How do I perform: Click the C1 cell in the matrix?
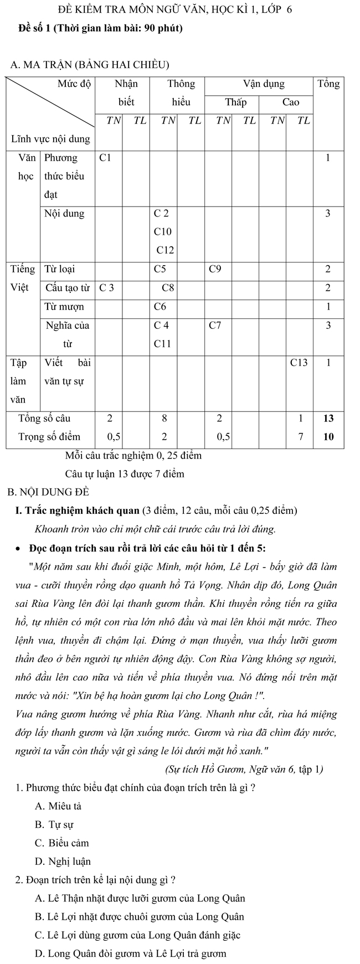pyautogui.click(x=105, y=158)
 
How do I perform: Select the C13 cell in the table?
pyautogui.click(x=300, y=363)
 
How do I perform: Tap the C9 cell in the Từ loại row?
pyautogui.click(x=215, y=270)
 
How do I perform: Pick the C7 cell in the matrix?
pyautogui.click(x=215, y=326)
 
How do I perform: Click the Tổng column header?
pyautogui.click(x=328, y=84)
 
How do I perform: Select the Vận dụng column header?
pyautogui.click(x=264, y=84)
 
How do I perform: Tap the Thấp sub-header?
pyautogui.click(x=235, y=102)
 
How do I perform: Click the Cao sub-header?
pyautogui.click(x=290, y=102)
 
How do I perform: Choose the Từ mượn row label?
pyautogui.click(x=64, y=307)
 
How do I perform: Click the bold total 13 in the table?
pyautogui.click(x=328, y=418)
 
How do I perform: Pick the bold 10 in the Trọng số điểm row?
pyautogui.click(x=328, y=436)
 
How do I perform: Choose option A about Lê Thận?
pyautogui.click(x=140, y=899)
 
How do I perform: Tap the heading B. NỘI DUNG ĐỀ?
pyautogui.click(x=49, y=492)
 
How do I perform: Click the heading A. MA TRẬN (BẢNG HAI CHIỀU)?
pyautogui.click(x=89, y=65)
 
